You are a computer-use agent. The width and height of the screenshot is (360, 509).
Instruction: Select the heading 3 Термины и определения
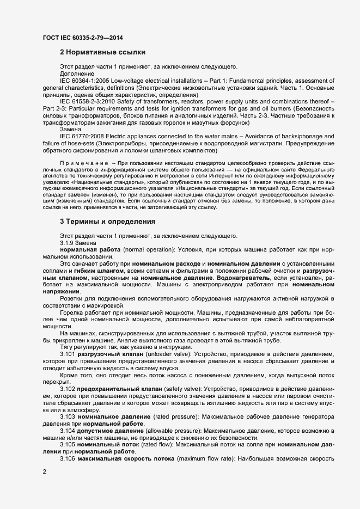107,222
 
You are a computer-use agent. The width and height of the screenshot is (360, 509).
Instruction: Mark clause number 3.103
68,416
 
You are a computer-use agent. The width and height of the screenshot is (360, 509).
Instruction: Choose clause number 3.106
68,459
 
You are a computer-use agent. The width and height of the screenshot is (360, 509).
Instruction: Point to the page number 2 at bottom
44,473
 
